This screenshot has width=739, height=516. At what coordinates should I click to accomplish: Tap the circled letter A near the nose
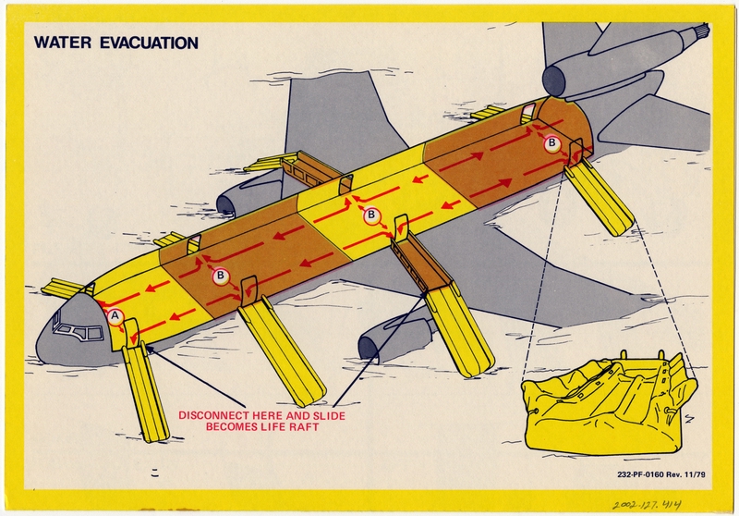[x=115, y=315]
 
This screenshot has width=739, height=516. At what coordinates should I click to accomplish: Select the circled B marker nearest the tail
[x=551, y=143]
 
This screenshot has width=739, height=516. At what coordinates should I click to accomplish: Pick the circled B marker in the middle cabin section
[x=371, y=215]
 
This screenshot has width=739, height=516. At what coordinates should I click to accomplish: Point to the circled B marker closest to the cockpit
[x=221, y=275]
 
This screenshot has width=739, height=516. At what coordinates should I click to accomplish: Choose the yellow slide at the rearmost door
[x=600, y=198]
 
